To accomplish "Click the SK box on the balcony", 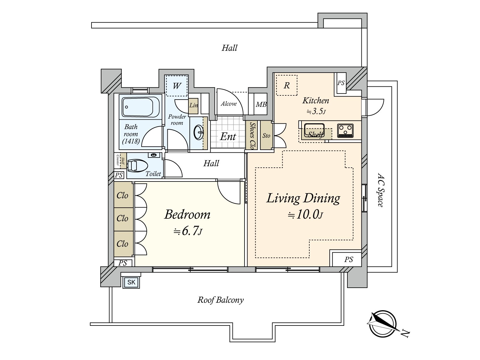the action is [131, 282].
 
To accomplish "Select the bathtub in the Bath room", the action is [141, 107].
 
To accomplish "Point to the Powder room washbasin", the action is [198, 132].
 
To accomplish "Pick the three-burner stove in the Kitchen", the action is [345, 130].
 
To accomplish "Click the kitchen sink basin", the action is [314, 130].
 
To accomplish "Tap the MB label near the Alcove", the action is [261, 104].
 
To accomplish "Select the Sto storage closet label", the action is [266, 136].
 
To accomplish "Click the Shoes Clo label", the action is [253, 136].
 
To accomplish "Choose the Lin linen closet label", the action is [193, 105].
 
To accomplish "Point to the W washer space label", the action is [177, 86].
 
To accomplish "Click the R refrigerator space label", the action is [287, 85].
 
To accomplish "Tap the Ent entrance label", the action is [228, 136].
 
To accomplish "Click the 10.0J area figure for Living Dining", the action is [305, 215].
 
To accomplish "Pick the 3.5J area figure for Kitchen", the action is [316, 112].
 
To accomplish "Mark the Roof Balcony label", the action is [220, 300].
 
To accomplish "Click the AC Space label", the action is [380, 190].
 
